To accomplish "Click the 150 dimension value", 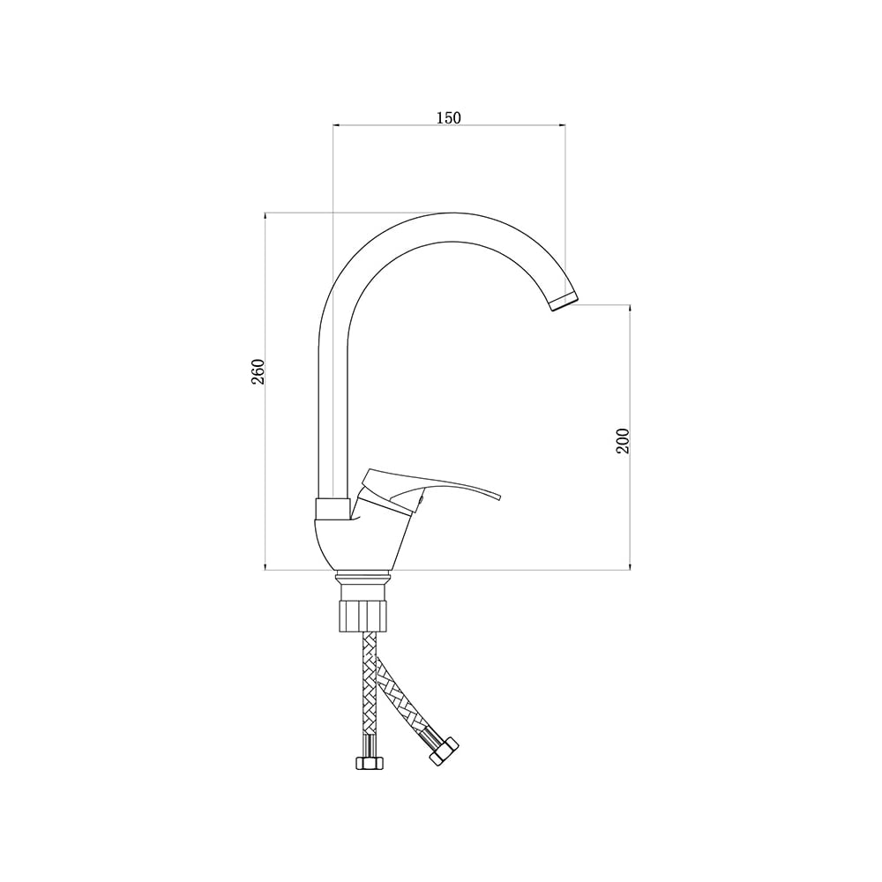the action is coord(448,117).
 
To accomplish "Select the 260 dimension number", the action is coord(258,371).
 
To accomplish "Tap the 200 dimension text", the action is coord(623,441).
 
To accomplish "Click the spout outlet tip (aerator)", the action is coord(563,301).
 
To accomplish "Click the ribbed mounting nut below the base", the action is coord(363,616).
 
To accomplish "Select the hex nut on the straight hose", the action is coord(369,762).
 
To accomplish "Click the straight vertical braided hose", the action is coord(370,691).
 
